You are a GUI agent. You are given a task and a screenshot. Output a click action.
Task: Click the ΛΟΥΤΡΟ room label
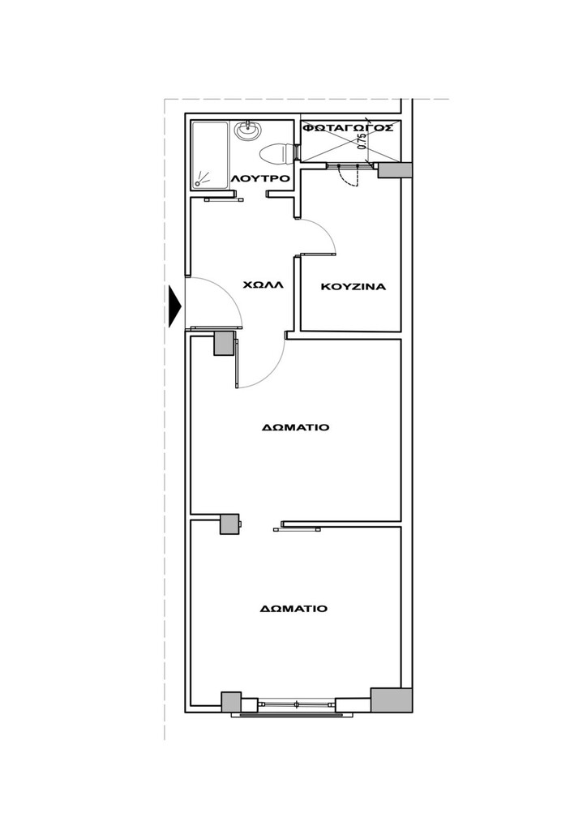[260, 178]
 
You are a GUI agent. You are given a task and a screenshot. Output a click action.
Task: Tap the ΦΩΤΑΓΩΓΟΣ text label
[348, 128]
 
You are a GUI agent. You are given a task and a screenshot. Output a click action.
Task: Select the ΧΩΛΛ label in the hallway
[263, 285]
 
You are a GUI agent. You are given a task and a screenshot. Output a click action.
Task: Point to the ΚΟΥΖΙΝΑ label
[353, 287]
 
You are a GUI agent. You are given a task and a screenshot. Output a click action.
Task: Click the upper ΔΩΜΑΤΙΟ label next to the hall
[295, 427]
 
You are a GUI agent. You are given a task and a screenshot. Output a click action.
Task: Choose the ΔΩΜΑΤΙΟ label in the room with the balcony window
[293, 609]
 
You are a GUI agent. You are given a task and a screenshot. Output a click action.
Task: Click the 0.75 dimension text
[362, 140]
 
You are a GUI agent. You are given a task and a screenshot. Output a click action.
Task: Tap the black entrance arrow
[174, 306]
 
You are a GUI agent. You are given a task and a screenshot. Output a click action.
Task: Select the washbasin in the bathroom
[248, 130]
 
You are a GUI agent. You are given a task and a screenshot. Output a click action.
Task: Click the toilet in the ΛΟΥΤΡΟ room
[278, 153]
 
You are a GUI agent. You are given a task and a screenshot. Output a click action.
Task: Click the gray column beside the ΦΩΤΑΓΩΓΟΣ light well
[395, 170]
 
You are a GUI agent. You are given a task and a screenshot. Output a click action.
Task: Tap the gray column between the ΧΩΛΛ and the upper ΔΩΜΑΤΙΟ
[224, 343]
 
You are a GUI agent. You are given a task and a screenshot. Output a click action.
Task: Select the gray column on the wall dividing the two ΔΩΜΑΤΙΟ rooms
[229, 524]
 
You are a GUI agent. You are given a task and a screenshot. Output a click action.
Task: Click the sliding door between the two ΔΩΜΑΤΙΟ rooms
[297, 529]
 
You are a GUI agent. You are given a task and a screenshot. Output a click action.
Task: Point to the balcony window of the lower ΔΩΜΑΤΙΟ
[297, 704]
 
